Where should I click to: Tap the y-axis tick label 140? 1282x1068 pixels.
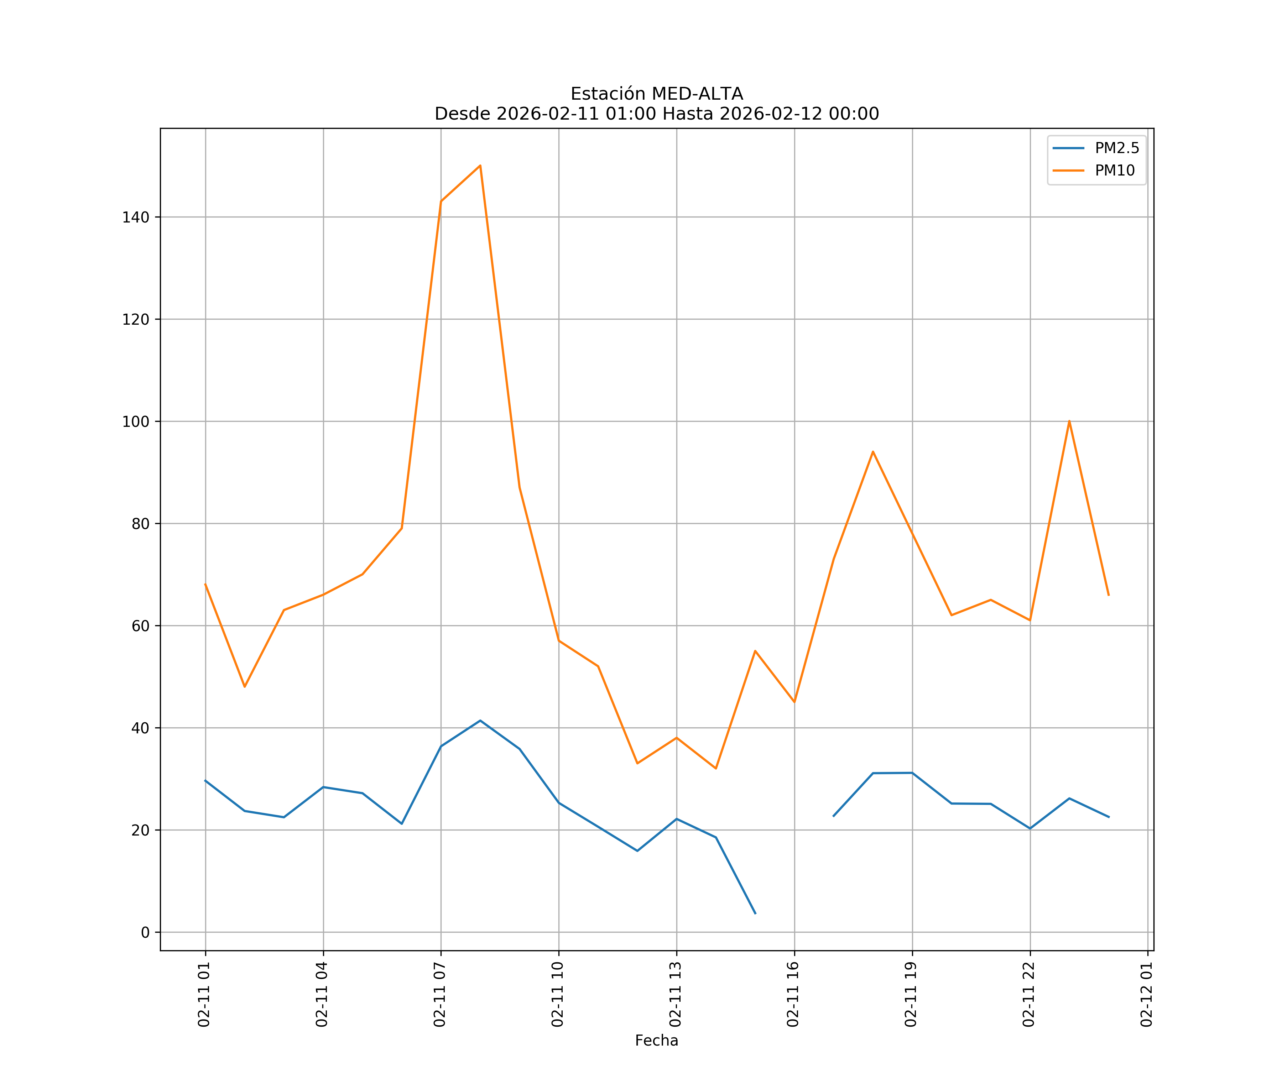136,217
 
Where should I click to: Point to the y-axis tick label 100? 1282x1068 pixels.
136,422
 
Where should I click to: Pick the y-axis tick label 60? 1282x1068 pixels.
140,626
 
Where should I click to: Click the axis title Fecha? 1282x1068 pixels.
656,1041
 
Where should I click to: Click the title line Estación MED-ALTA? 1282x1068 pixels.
656,94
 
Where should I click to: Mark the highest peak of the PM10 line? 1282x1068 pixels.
480,166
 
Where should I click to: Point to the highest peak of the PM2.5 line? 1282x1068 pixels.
480,721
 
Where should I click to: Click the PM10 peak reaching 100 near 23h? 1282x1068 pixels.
1069,421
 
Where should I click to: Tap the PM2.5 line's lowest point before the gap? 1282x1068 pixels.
755,913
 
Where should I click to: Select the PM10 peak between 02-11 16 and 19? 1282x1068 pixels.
873,452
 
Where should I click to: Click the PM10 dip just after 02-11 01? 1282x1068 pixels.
245,687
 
